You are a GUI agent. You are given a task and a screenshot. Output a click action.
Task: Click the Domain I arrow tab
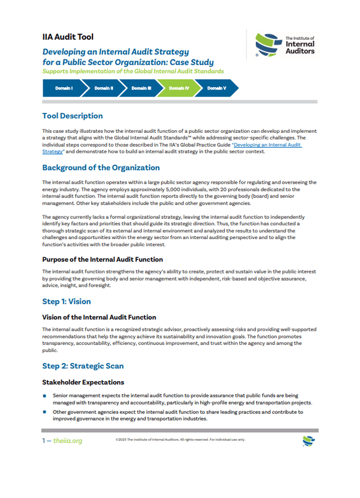63,88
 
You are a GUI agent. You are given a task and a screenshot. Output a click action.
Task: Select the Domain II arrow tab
103,88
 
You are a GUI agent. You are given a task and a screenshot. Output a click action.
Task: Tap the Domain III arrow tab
141,88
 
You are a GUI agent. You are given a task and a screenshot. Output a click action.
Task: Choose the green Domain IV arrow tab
179,88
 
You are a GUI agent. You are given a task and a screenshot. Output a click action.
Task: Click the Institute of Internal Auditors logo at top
285,45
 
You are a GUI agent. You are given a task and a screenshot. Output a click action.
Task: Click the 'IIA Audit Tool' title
68,37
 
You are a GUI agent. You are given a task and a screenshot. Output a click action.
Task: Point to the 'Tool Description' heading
73,116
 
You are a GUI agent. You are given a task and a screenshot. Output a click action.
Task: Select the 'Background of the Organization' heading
101,168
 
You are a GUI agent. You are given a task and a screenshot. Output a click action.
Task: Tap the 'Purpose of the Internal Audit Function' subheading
102,259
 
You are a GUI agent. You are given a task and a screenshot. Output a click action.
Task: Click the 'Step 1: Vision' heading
66,302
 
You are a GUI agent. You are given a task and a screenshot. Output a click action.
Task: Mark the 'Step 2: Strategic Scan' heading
83,366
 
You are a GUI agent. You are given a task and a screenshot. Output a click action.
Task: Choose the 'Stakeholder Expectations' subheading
83,382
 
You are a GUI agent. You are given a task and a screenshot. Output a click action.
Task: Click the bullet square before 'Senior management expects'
44,396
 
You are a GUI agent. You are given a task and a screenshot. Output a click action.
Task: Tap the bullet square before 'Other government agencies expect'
44,412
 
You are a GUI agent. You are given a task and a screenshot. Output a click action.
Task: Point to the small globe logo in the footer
308,440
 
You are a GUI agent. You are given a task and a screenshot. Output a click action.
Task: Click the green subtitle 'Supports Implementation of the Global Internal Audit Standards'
133,71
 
